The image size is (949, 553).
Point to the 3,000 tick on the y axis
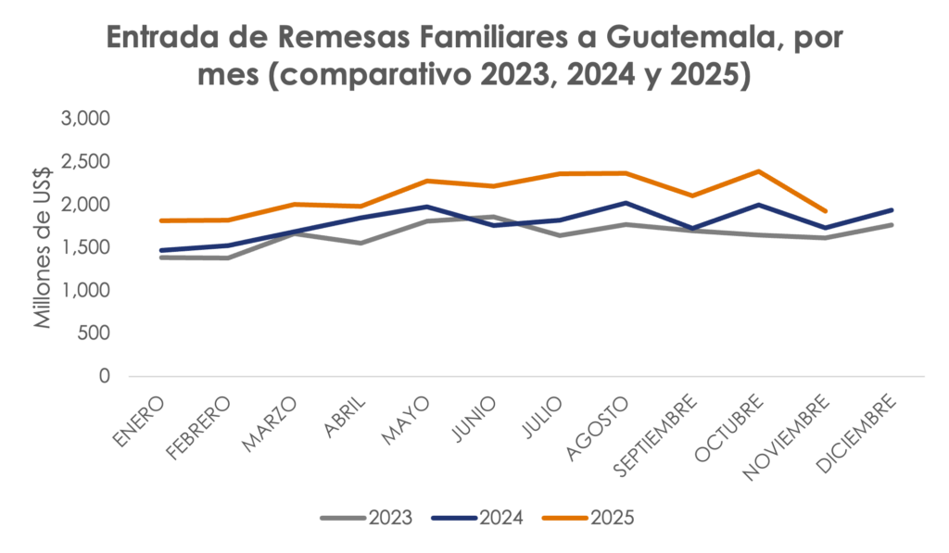pyautogui.click(x=86, y=119)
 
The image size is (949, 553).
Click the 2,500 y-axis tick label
pyautogui.click(x=86, y=162)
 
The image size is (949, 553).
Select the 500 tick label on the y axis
pyautogui.click(x=94, y=333)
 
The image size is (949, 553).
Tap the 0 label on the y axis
pyautogui.click(x=105, y=377)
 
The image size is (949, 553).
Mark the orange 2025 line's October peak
pyautogui.click(x=759, y=171)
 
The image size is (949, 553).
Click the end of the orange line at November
pyautogui.click(x=825, y=211)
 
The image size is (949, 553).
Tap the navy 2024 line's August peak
pyautogui.click(x=626, y=203)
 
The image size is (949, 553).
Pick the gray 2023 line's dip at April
pyautogui.click(x=360, y=243)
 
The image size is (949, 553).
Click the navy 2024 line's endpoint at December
pyautogui.click(x=892, y=210)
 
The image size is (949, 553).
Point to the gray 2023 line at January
pyautogui.click(x=161, y=257)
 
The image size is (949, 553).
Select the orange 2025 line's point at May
pyautogui.click(x=425, y=181)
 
